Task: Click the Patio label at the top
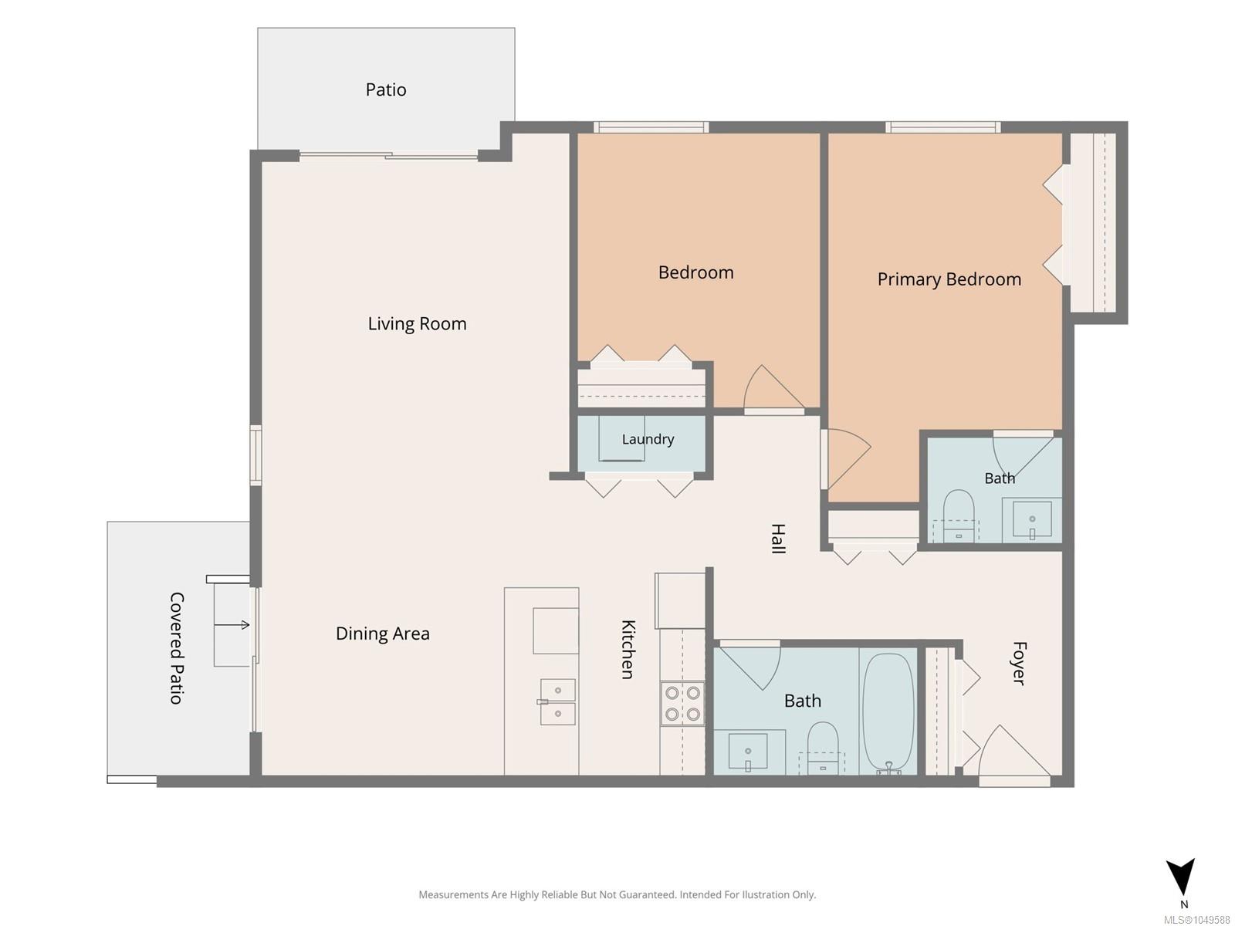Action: tap(385, 90)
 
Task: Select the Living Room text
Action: tap(417, 324)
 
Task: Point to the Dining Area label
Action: tap(383, 634)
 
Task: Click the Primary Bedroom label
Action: tap(949, 279)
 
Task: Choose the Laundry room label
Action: tap(648, 439)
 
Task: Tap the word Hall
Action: tap(777, 539)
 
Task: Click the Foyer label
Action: tap(1019, 664)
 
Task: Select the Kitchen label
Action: tap(628, 650)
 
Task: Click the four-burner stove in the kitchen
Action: tap(682, 703)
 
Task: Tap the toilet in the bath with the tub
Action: tap(823, 749)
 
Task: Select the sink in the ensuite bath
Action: tap(1032, 519)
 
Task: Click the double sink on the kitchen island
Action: tap(557, 701)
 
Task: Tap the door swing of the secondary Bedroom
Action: tap(773, 388)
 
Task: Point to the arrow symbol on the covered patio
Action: tap(232, 624)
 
